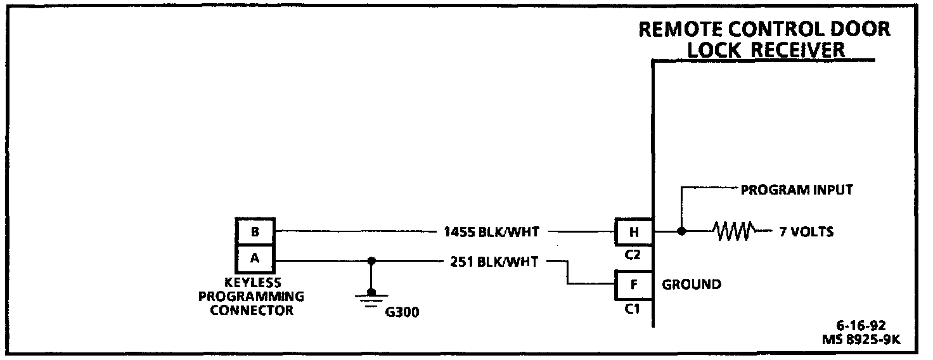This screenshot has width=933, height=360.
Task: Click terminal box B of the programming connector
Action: [255, 232]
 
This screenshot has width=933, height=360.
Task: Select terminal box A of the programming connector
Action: [255, 259]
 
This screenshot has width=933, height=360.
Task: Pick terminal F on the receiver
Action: [634, 285]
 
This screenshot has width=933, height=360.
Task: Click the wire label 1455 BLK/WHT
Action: [492, 233]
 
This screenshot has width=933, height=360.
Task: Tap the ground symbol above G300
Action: [372, 296]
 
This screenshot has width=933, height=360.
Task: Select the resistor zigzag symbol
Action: [733, 232]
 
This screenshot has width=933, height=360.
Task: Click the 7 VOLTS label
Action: [806, 233]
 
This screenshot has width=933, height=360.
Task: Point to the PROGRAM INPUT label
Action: [797, 190]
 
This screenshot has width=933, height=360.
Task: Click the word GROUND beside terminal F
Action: [692, 285]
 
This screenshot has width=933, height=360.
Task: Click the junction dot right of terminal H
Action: [681, 232]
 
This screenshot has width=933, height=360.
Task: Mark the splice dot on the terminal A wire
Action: [372, 260]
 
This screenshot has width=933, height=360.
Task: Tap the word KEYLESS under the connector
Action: [252, 283]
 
